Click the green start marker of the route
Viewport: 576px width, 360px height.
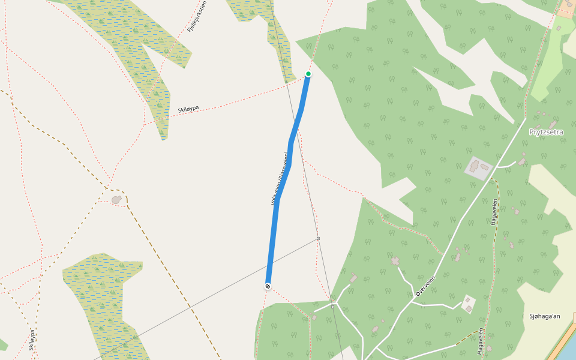pyautogui.click(x=308, y=74)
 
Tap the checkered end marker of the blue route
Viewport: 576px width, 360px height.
pyautogui.click(x=268, y=286)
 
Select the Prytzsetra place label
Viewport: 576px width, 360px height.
pyautogui.click(x=546, y=132)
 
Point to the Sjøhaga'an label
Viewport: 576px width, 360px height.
pyautogui.click(x=544, y=316)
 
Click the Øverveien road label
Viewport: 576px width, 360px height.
pyautogui.click(x=425, y=287)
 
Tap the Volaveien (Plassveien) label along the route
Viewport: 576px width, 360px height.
pyautogui.click(x=281, y=178)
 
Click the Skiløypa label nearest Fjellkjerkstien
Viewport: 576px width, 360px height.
pyautogui.click(x=188, y=109)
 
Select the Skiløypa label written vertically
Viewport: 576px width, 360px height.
pyautogui.click(x=31, y=339)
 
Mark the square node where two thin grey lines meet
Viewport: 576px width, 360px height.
pyautogui.click(x=318, y=239)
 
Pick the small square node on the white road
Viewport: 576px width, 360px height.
pyautogui.click(x=332, y=307)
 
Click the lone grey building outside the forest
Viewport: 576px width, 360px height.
pyautogui.click(x=116, y=199)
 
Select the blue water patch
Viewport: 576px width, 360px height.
pyautogui.click(x=568, y=348)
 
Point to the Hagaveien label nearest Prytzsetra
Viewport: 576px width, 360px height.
pyautogui.click(x=494, y=211)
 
